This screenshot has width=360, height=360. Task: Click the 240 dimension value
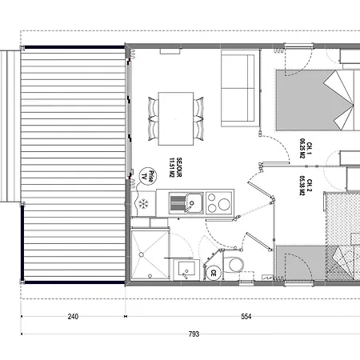click(x=73, y=317)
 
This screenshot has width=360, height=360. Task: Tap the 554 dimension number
click(x=246, y=317)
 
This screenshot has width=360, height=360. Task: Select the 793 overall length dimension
click(x=194, y=334)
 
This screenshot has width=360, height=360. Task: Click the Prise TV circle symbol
click(x=148, y=176)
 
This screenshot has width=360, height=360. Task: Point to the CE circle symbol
click(x=214, y=273)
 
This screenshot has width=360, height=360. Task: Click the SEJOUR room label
click(x=179, y=167)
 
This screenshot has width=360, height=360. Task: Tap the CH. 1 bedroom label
click(x=310, y=149)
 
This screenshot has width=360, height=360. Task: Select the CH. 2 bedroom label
click(x=310, y=186)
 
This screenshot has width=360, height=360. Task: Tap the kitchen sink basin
click(x=194, y=203)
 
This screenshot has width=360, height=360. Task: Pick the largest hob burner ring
click(x=224, y=204)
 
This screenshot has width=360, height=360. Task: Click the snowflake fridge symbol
click(x=143, y=204)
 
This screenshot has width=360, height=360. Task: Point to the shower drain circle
click(x=142, y=254)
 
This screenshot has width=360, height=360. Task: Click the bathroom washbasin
click(x=186, y=270)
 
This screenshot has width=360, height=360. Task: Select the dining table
click(x=176, y=118)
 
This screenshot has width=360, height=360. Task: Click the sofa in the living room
click(x=240, y=88)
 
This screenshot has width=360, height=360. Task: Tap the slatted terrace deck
click(x=73, y=165)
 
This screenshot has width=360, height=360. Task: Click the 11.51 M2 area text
click(x=172, y=167)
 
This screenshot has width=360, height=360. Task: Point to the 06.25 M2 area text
click(x=302, y=149)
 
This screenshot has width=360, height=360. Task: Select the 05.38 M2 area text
click(x=302, y=186)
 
